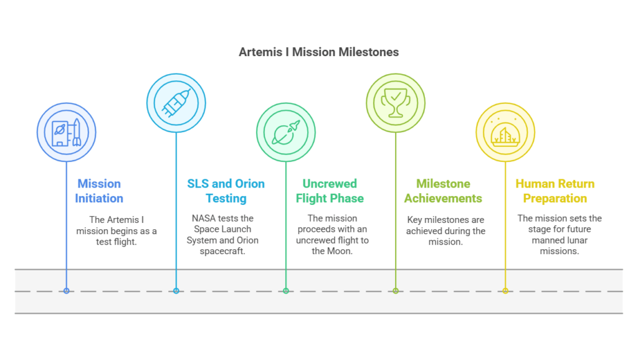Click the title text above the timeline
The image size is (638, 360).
[x=318, y=54]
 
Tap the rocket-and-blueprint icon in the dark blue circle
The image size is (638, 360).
[x=67, y=132]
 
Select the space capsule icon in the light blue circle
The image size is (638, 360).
[x=176, y=103]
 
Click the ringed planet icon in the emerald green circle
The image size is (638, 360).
[x=286, y=132]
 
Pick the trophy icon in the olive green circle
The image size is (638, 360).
[x=396, y=103]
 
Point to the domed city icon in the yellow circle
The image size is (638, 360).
[x=505, y=132]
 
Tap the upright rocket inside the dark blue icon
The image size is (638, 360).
[x=76, y=131]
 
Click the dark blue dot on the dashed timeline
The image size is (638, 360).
[x=67, y=291]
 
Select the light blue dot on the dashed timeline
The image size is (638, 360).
[x=176, y=291]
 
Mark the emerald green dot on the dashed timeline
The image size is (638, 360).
[x=286, y=291]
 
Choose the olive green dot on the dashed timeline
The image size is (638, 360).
[x=396, y=291]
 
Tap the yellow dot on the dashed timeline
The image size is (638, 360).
[x=505, y=291]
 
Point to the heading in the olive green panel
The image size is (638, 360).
[x=442, y=196]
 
